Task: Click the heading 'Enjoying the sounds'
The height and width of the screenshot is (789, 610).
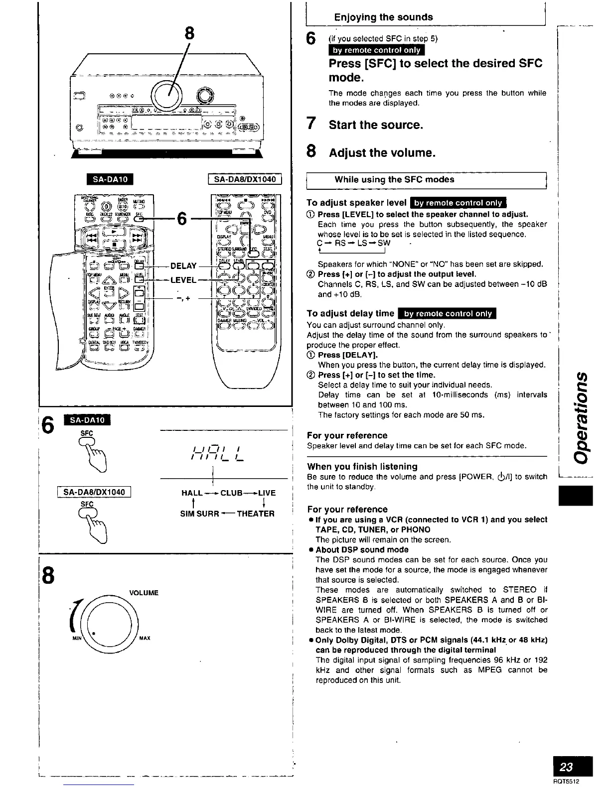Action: [x=383, y=17]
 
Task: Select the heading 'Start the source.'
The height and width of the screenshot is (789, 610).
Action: [x=376, y=125]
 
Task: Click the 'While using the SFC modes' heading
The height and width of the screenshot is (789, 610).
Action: [x=394, y=179]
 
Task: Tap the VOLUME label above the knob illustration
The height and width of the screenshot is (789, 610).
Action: [x=144, y=593]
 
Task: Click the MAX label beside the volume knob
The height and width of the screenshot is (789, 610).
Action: [x=145, y=638]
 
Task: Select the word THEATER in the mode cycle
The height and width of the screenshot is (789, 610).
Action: [x=256, y=514]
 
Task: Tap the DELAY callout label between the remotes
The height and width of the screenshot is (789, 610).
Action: [x=183, y=266]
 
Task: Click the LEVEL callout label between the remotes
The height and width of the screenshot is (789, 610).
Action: [x=183, y=280]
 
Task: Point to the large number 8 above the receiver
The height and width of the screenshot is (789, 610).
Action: [x=189, y=33]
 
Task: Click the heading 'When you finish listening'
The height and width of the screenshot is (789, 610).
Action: [x=362, y=466]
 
